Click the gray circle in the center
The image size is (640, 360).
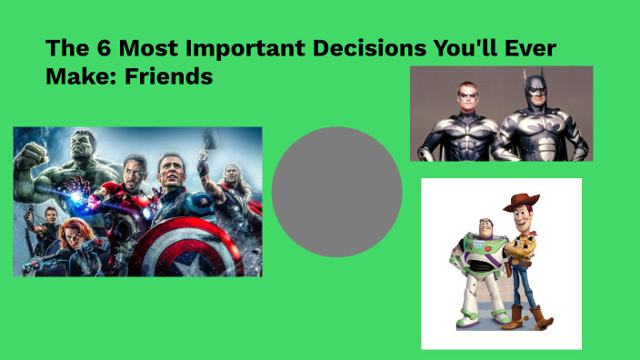[336, 192]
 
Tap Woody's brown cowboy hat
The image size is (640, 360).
[521, 203]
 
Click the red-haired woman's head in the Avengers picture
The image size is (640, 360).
[70, 234]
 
